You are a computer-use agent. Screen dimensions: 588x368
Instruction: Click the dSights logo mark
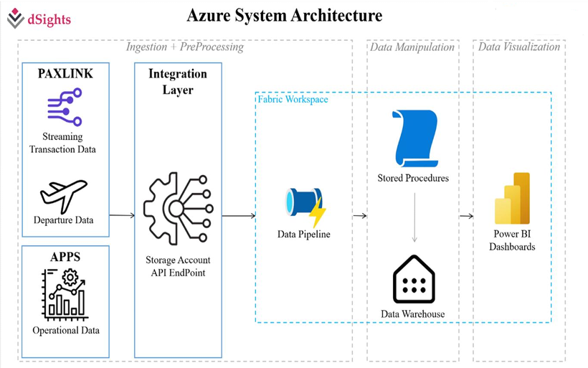coord(15,18)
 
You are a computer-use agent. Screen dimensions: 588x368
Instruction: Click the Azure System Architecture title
coord(285,16)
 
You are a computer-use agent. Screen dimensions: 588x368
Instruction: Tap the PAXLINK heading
coord(65,73)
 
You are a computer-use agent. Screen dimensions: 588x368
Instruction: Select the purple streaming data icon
coord(65,107)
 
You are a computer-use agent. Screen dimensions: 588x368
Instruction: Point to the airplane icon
coord(64,196)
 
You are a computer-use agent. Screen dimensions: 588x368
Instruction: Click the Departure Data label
coord(63,220)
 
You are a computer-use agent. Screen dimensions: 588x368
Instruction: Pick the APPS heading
coord(65,257)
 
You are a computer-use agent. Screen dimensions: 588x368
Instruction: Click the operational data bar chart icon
coord(64,295)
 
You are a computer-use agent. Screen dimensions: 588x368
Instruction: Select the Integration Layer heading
coord(178,82)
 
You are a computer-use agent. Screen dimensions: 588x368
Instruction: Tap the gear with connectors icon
coord(179,209)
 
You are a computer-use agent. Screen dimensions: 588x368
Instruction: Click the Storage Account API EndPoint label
coord(178,266)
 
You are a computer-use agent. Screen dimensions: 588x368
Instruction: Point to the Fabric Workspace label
coord(293,100)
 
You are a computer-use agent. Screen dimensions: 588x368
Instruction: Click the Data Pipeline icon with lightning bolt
coord(305,207)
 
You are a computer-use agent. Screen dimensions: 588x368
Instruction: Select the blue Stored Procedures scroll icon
coord(415,138)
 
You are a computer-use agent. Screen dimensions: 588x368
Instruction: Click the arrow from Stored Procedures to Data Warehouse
coord(414,217)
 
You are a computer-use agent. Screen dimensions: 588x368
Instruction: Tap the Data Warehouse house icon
coord(414,279)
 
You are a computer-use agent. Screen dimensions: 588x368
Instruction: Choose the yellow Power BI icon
coord(512,199)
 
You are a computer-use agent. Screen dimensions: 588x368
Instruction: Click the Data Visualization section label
coord(519,47)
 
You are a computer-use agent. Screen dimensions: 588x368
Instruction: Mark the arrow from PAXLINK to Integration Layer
coord(122,215)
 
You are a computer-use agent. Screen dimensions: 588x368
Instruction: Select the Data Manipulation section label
coord(412,47)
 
